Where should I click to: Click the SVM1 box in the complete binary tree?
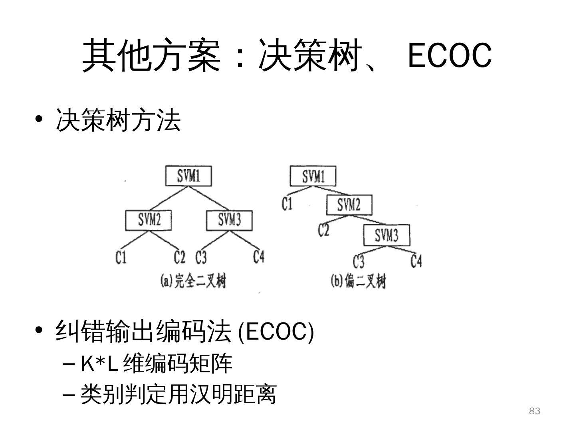188,176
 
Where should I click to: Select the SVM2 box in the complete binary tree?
149,220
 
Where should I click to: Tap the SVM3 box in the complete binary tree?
229,220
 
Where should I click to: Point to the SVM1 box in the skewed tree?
313,176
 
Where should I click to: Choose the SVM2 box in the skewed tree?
349,205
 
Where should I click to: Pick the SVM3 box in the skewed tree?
387,235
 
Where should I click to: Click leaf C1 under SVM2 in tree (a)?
121,257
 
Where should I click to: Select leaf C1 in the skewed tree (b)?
287,204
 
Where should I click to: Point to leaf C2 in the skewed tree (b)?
323,230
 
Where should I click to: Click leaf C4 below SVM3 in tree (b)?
416,261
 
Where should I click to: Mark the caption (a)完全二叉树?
193,281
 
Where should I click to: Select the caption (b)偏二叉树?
358,281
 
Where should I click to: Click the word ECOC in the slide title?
449,55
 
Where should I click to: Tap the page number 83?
534,411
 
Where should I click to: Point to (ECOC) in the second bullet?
276,331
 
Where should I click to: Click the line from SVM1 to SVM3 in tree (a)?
209,198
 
